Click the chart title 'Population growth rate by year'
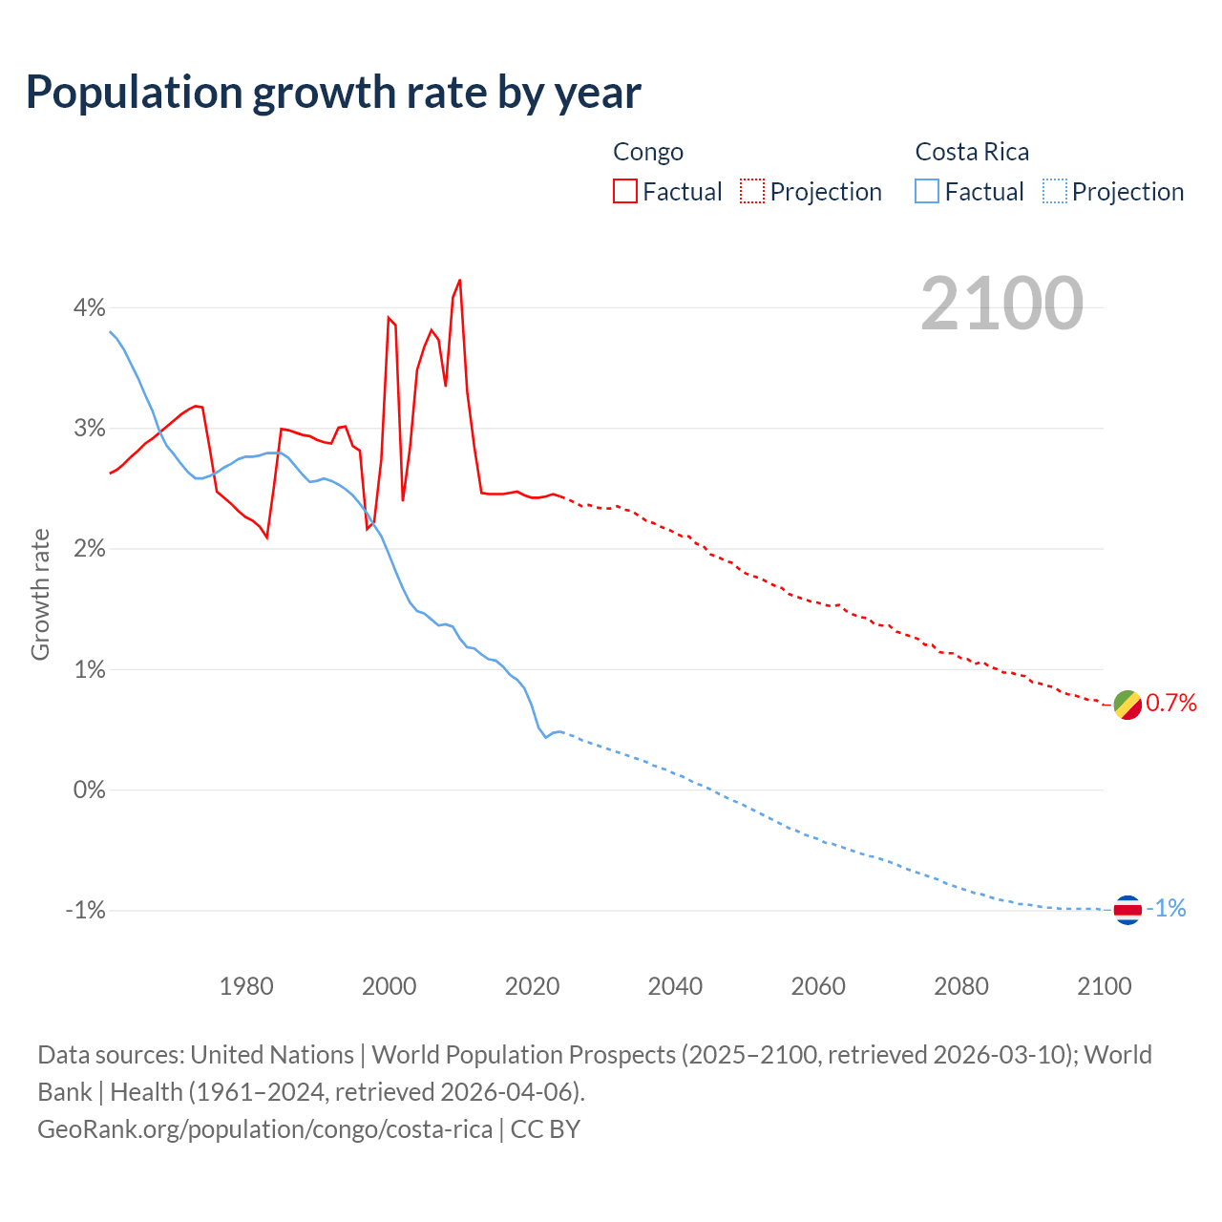pyautogui.click(x=333, y=93)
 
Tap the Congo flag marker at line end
pyautogui.click(x=1127, y=705)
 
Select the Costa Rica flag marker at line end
pyautogui.click(x=1127, y=910)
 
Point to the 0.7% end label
pyautogui.click(x=1170, y=704)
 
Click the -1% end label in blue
pyautogui.click(x=1166, y=909)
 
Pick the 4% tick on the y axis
pyautogui.click(x=90, y=307)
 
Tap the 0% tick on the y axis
pyautogui.click(x=90, y=790)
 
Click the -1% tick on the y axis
pyautogui.click(x=85, y=910)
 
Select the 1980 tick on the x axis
pyautogui.click(x=246, y=986)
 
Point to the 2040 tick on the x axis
pyautogui.click(x=675, y=986)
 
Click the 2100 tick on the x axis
pyautogui.click(x=1104, y=986)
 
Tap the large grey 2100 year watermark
pyautogui.click(x=1001, y=304)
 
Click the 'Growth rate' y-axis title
pyautogui.click(x=40, y=594)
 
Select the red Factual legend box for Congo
pyautogui.click(x=625, y=192)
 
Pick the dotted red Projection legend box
pyautogui.click(x=752, y=192)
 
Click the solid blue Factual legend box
pyautogui.click(x=927, y=192)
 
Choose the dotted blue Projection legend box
pyautogui.click(x=1054, y=192)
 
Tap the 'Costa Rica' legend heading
pyautogui.click(x=972, y=152)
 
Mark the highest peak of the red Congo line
pyautogui.click(x=460, y=280)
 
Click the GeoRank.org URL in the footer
pyautogui.click(x=264, y=1129)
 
